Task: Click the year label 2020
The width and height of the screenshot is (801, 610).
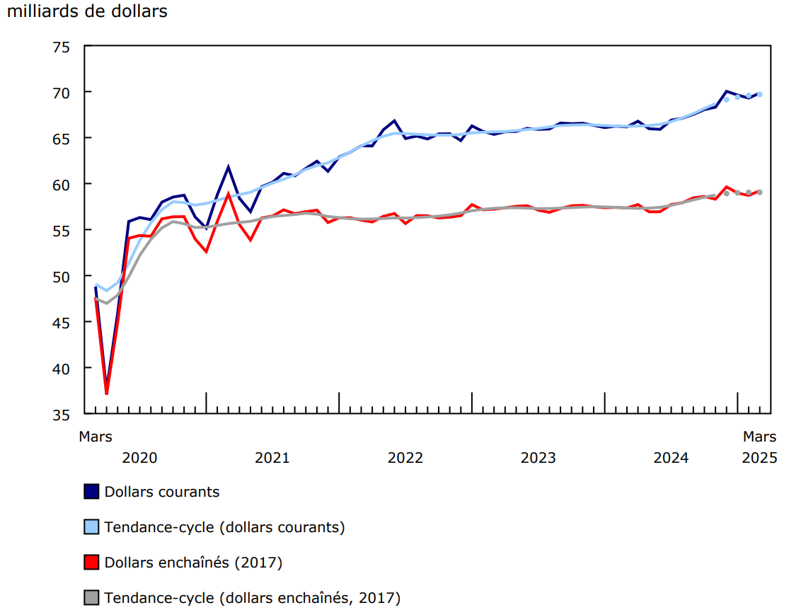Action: point(139,458)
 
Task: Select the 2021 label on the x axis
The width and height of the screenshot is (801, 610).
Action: point(272,458)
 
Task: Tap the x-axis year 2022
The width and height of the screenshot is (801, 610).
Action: point(405,458)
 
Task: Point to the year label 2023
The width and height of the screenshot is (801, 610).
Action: point(538,458)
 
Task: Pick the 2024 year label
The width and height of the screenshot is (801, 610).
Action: point(671,458)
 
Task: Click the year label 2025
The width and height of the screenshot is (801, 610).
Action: point(759,458)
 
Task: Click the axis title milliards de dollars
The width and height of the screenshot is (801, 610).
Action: point(87,12)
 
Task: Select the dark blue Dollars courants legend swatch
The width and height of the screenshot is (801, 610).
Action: point(91,492)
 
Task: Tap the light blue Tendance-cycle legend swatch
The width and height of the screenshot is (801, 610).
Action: point(91,527)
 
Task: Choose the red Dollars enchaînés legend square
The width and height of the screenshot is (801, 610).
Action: point(91,563)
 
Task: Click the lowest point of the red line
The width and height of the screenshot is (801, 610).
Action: point(107,393)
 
